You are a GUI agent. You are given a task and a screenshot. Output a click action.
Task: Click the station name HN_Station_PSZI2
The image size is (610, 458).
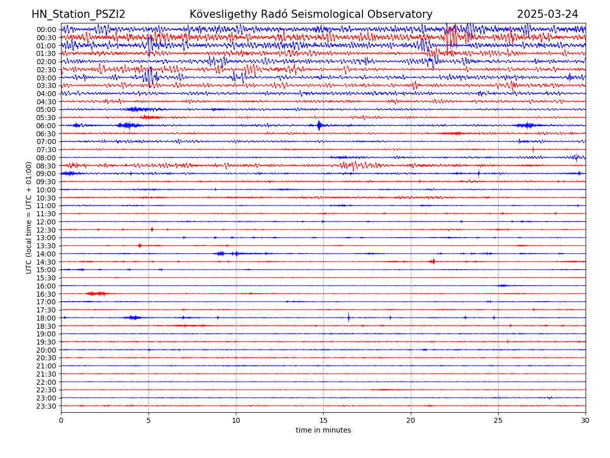[78, 14]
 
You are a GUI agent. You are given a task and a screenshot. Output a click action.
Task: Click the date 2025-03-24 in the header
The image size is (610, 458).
[547, 14]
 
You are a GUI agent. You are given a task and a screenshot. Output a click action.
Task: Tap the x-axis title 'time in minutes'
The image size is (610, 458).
[323, 430]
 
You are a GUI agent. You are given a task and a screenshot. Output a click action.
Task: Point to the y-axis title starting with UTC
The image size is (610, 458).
[29, 217]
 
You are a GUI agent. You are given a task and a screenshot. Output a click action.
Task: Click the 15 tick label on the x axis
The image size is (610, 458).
[323, 420]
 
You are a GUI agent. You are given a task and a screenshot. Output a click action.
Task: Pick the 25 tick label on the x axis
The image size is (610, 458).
[498, 420]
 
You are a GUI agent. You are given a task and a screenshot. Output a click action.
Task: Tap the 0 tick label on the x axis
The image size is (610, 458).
[61, 420]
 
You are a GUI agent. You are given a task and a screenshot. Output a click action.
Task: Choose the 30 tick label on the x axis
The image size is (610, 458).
[586, 420]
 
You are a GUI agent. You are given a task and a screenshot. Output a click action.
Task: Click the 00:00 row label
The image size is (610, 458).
[46, 30]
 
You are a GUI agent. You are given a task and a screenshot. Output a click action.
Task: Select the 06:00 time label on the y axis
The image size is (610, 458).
[46, 126]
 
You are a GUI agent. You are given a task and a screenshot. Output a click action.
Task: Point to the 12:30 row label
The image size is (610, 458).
[46, 230]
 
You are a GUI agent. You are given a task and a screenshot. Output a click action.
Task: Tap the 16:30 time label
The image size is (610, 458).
[46, 294]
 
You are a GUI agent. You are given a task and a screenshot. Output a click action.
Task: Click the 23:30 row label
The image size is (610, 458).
[46, 406]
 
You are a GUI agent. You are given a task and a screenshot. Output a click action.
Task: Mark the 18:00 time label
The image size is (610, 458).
[46, 318]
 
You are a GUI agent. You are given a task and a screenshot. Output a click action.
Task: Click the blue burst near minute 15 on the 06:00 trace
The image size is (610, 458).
[319, 125]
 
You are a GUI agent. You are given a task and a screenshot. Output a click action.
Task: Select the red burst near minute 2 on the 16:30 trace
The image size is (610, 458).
[97, 294]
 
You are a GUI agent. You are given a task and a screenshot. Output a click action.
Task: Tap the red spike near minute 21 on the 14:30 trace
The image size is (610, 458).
[433, 261]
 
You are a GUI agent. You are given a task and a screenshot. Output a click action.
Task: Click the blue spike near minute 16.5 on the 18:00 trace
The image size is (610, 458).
[349, 318]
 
